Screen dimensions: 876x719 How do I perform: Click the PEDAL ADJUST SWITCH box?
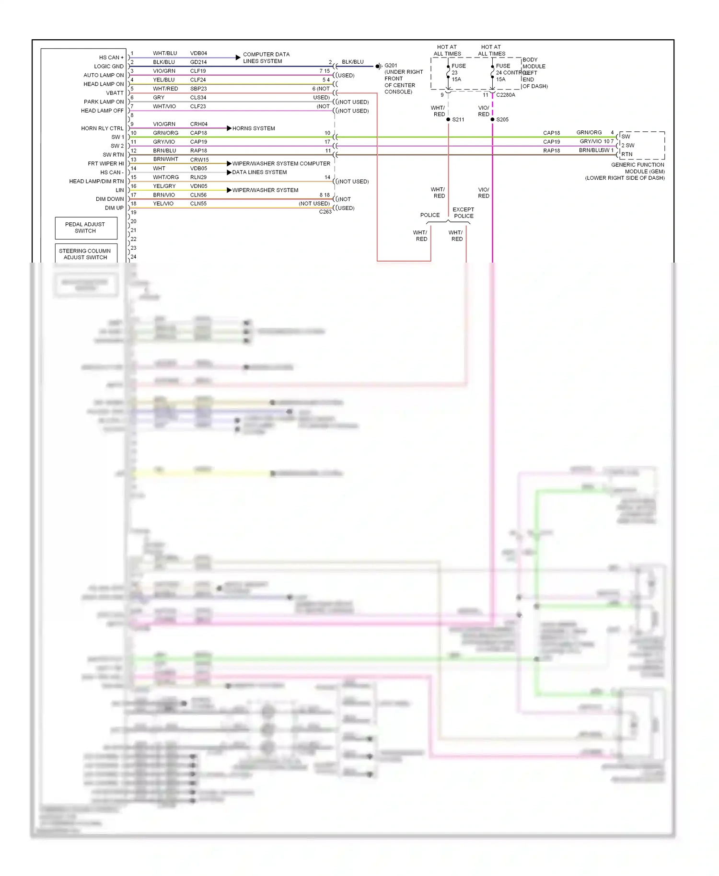(86, 228)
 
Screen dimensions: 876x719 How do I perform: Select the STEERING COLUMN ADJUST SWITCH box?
(85, 254)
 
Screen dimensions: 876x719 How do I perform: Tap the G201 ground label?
(391, 66)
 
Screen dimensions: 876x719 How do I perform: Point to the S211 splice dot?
(448, 119)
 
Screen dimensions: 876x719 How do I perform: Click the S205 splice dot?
(492, 119)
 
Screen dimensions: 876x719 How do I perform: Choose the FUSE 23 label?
(458, 69)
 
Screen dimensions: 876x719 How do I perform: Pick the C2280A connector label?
(506, 95)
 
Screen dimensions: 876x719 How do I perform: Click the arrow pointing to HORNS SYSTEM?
(229, 128)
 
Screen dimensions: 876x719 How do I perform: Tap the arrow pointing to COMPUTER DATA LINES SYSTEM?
(238, 58)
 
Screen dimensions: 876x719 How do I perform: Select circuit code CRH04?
(198, 124)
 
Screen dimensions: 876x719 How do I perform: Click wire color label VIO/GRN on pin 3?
(164, 71)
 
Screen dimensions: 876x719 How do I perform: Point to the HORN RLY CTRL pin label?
(102, 128)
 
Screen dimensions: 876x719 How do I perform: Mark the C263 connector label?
(325, 212)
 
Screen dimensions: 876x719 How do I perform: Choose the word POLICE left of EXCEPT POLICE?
(429, 215)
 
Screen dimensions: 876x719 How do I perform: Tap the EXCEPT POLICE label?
(463, 213)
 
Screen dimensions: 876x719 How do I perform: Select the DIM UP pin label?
(114, 208)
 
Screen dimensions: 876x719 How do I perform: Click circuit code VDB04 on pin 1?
(198, 53)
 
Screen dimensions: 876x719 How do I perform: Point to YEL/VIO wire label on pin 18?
(163, 204)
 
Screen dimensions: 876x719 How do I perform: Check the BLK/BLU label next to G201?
(352, 62)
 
